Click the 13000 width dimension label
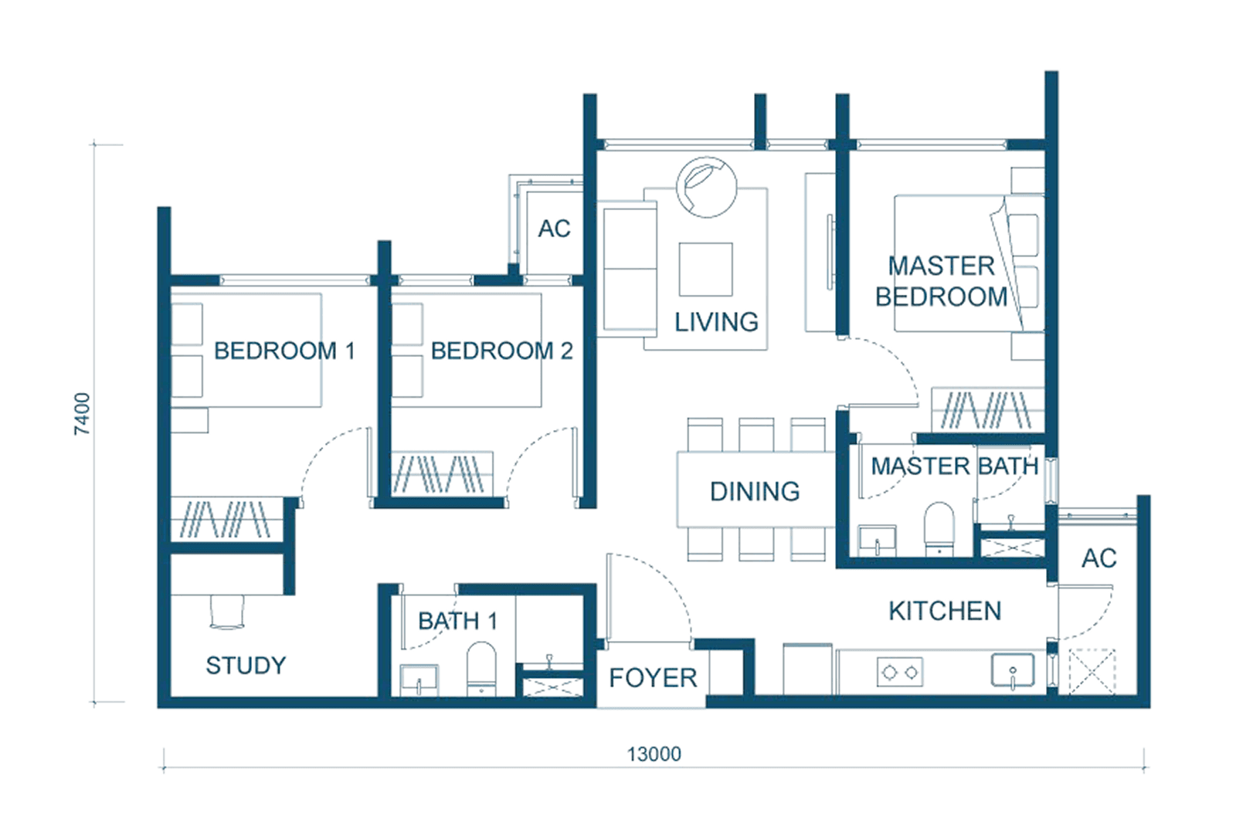click(x=654, y=754)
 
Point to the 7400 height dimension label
click(x=82, y=414)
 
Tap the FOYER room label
click(x=653, y=678)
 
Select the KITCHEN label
click(x=945, y=611)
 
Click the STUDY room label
click(x=246, y=665)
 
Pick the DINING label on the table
click(x=755, y=491)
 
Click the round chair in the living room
click(x=706, y=187)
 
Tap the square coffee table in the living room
click(x=706, y=270)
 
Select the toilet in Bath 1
click(x=481, y=669)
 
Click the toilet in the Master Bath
click(x=939, y=528)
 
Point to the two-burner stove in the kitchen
click(x=900, y=673)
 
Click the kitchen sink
click(x=1013, y=670)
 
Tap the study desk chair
click(x=227, y=612)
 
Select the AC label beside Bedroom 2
click(x=554, y=229)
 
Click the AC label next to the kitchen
click(x=1098, y=559)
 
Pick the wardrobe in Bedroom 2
click(x=442, y=473)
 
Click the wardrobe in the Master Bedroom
click(x=987, y=410)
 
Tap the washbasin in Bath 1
click(x=419, y=680)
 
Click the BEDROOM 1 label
click(x=284, y=351)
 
